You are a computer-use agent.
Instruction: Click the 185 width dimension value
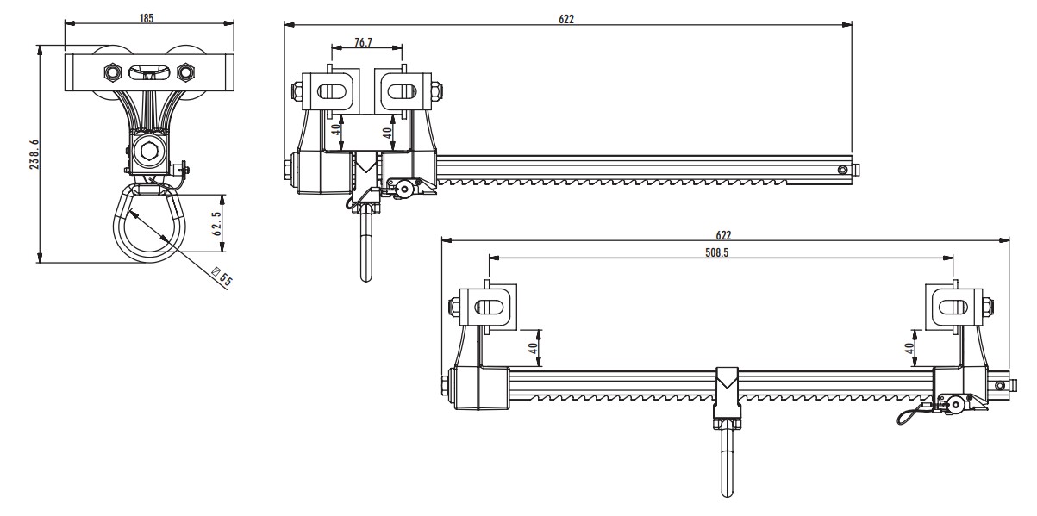[x=147, y=18]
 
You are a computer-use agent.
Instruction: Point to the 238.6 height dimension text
[x=34, y=155]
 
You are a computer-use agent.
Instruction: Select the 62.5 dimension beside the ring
[x=217, y=223]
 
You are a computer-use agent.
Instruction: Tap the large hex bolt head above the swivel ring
[x=147, y=153]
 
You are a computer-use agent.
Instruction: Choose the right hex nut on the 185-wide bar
[x=183, y=71]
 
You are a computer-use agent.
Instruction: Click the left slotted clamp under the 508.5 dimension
[x=488, y=307]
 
